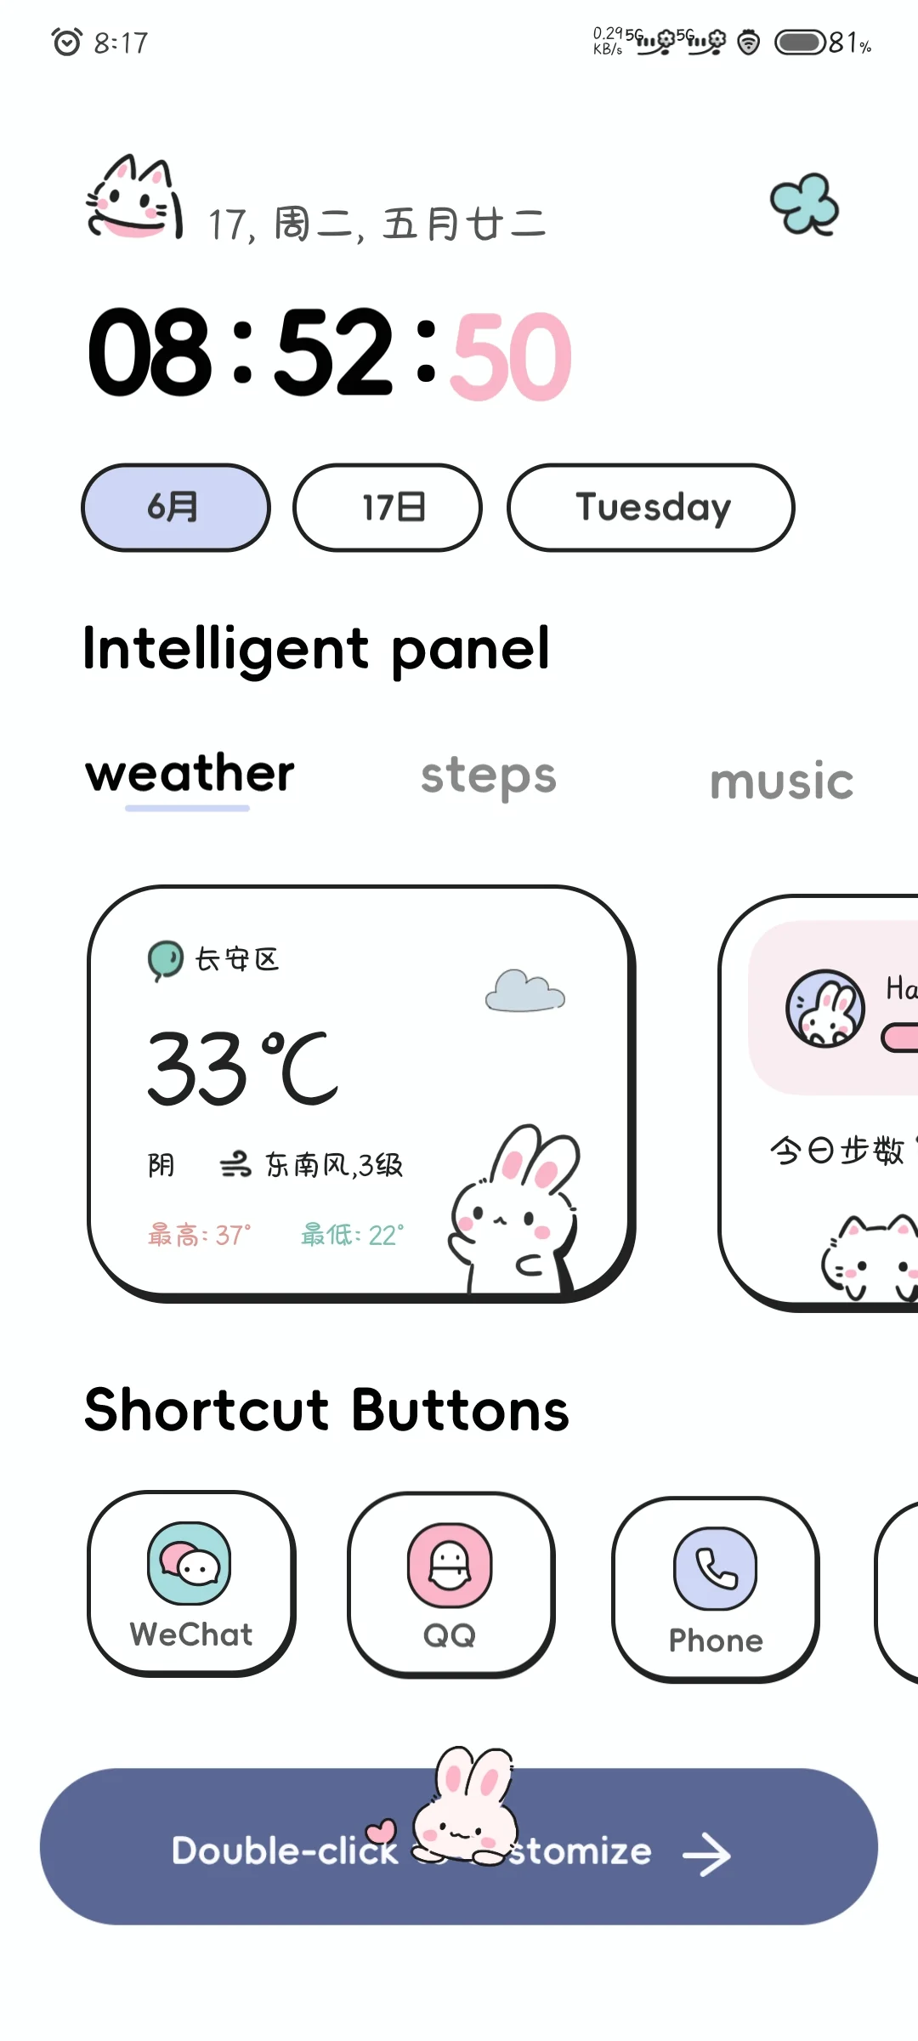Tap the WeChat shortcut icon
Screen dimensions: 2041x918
190,1565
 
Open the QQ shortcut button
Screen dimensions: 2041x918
450,1566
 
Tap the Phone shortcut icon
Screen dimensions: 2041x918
715,1570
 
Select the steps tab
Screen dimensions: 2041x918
489,776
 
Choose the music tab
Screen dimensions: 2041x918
781,782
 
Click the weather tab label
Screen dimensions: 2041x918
190,774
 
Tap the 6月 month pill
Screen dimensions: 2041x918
175,508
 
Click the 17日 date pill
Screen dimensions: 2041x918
388,508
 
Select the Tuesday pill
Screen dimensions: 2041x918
651,508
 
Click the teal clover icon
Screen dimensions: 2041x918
804,204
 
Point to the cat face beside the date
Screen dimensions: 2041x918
134,200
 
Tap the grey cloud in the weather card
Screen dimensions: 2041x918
524,991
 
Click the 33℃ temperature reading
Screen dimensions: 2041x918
242,1068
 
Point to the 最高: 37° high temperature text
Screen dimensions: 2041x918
200,1235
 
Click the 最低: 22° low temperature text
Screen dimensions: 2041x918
353,1235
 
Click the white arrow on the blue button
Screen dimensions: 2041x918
707,1855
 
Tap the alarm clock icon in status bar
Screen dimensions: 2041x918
67,42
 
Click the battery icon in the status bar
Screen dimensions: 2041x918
800,43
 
